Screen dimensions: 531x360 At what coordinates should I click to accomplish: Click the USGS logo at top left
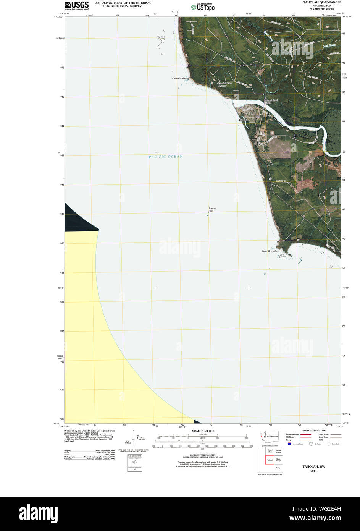pos(76,5)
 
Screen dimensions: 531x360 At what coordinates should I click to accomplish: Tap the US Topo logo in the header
pos(203,7)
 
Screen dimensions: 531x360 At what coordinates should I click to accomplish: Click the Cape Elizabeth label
pos(180,78)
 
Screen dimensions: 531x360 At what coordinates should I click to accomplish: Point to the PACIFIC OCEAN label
pos(166,157)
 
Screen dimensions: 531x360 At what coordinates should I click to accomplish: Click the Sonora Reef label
pos(212,209)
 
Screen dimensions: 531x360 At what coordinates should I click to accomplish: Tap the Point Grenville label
pos(270,251)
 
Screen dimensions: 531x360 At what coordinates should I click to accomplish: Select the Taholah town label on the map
pos(243,120)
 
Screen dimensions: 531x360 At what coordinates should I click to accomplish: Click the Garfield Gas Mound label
pos(223,84)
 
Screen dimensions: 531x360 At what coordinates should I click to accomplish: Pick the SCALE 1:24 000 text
pos(203,431)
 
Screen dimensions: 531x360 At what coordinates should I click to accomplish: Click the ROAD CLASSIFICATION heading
pos(313,431)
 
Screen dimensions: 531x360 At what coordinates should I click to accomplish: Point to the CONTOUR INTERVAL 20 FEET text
pos(203,455)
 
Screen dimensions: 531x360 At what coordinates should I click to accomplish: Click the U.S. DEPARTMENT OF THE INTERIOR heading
pos(122,3)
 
